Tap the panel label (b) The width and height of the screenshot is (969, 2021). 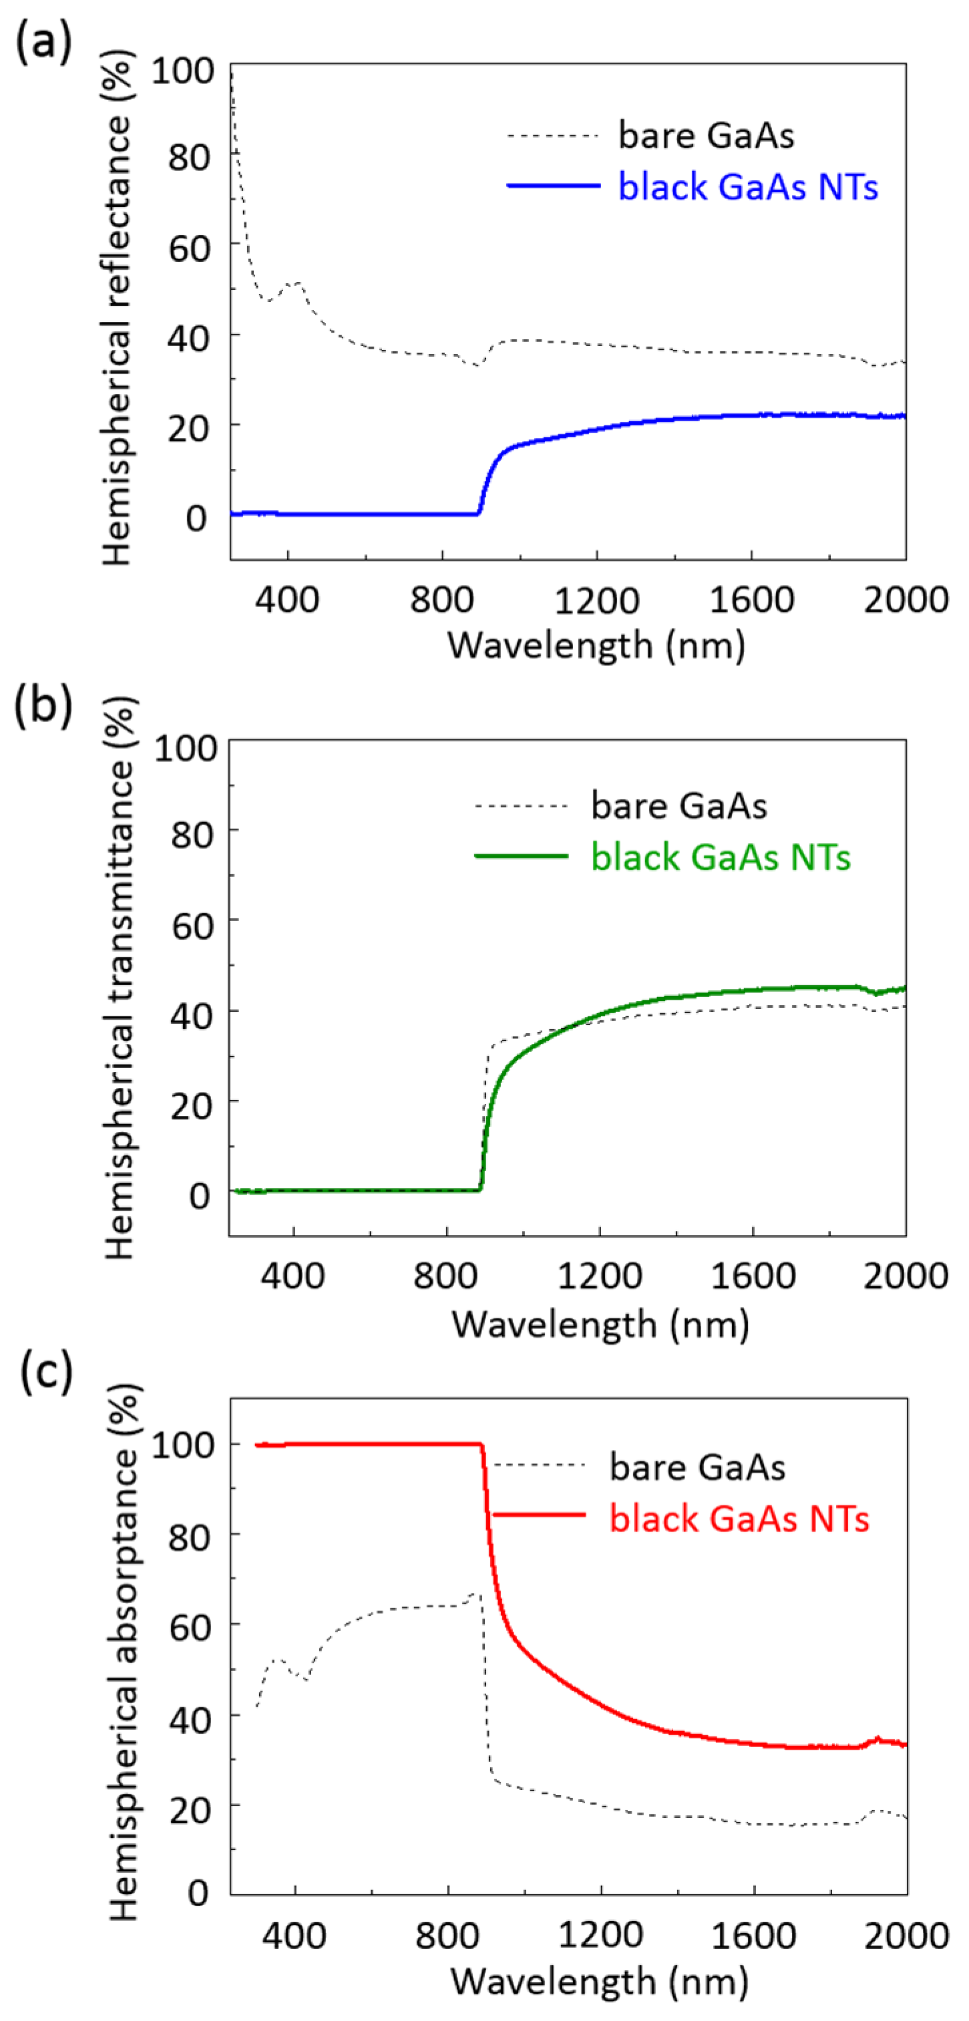click(44, 704)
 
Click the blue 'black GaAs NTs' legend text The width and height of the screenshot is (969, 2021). click(748, 187)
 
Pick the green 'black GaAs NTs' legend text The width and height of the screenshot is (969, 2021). click(721, 857)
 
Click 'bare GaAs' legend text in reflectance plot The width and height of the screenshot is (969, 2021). click(706, 135)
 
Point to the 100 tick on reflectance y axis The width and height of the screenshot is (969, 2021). click(183, 71)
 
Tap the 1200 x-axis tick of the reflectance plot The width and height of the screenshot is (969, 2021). click(596, 600)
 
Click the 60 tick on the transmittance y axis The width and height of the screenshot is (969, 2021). click(192, 926)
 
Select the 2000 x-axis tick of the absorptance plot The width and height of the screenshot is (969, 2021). click(906, 1936)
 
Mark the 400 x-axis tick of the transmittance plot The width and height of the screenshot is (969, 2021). click(293, 1276)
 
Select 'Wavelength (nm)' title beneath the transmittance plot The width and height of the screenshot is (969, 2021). click(600, 1324)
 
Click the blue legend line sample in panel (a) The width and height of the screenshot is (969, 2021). click(553, 186)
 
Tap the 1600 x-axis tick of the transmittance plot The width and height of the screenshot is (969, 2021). click(753, 1276)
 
